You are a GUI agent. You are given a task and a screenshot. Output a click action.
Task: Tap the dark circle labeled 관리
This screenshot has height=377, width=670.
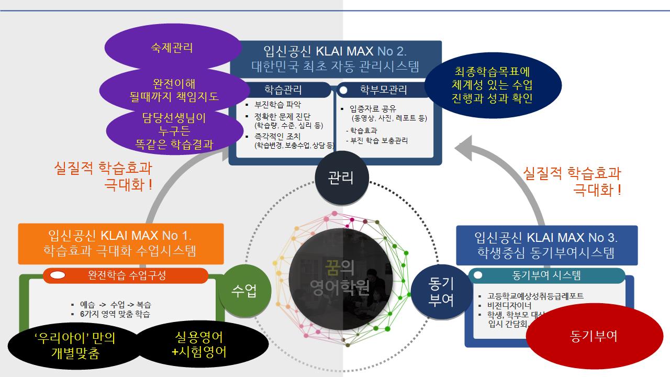click(341, 178)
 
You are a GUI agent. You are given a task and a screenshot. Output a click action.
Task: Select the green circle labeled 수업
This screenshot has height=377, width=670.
click(244, 292)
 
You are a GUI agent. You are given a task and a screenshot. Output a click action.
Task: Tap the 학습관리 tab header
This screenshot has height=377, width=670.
click(283, 90)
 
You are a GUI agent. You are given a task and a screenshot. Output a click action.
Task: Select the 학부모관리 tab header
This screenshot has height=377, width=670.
click(384, 90)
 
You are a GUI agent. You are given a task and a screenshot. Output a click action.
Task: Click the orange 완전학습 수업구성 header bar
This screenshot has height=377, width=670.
click(126, 275)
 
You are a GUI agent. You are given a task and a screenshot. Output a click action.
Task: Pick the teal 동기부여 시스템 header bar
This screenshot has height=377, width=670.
click(546, 275)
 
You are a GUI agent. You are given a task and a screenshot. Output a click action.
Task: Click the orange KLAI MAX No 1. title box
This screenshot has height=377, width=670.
click(121, 243)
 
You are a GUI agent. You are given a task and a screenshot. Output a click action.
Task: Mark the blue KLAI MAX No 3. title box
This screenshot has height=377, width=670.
click(546, 245)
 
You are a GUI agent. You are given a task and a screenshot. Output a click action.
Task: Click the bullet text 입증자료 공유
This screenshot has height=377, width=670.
click(376, 109)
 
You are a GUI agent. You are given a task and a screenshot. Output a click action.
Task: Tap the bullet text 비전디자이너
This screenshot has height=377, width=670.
click(509, 306)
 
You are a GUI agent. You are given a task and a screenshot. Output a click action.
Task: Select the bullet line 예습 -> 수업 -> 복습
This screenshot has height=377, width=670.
click(116, 304)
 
